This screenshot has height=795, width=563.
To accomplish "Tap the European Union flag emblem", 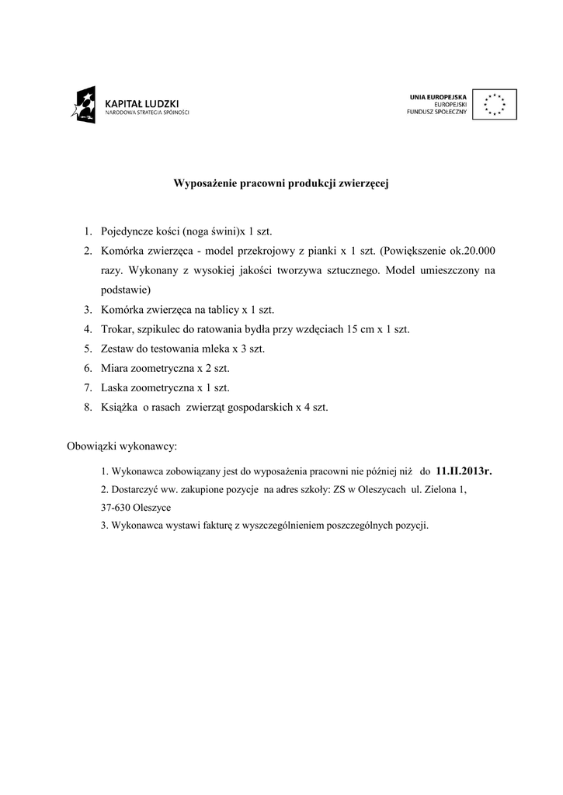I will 494,104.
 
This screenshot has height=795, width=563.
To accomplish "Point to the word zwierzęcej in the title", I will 364,184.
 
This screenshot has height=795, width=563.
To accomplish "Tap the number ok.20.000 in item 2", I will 473,251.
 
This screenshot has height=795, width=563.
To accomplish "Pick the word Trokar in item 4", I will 116,328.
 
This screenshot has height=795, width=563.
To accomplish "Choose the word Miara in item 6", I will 114,367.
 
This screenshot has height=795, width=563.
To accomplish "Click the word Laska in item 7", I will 114,387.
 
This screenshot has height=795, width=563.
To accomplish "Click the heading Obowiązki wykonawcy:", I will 122,446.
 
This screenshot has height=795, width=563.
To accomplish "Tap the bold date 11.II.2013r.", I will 464,470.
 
